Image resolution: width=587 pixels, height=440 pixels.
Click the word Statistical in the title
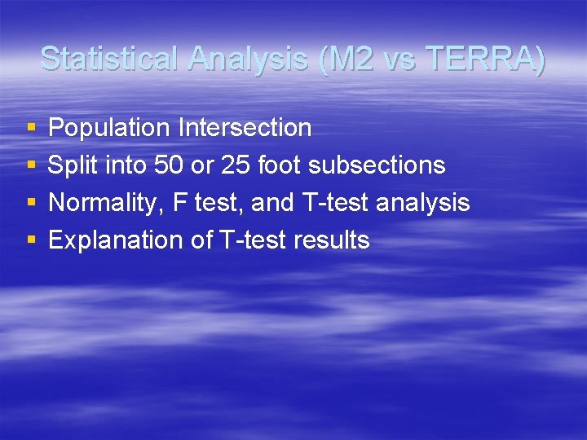(x=111, y=59)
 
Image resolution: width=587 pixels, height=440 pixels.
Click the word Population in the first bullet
(x=109, y=128)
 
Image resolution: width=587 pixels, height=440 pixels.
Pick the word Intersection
(x=245, y=128)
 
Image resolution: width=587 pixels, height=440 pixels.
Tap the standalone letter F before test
(x=179, y=203)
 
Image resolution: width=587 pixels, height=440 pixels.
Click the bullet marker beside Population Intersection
(x=31, y=129)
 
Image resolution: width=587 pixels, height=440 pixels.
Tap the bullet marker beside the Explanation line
(x=31, y=241)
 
